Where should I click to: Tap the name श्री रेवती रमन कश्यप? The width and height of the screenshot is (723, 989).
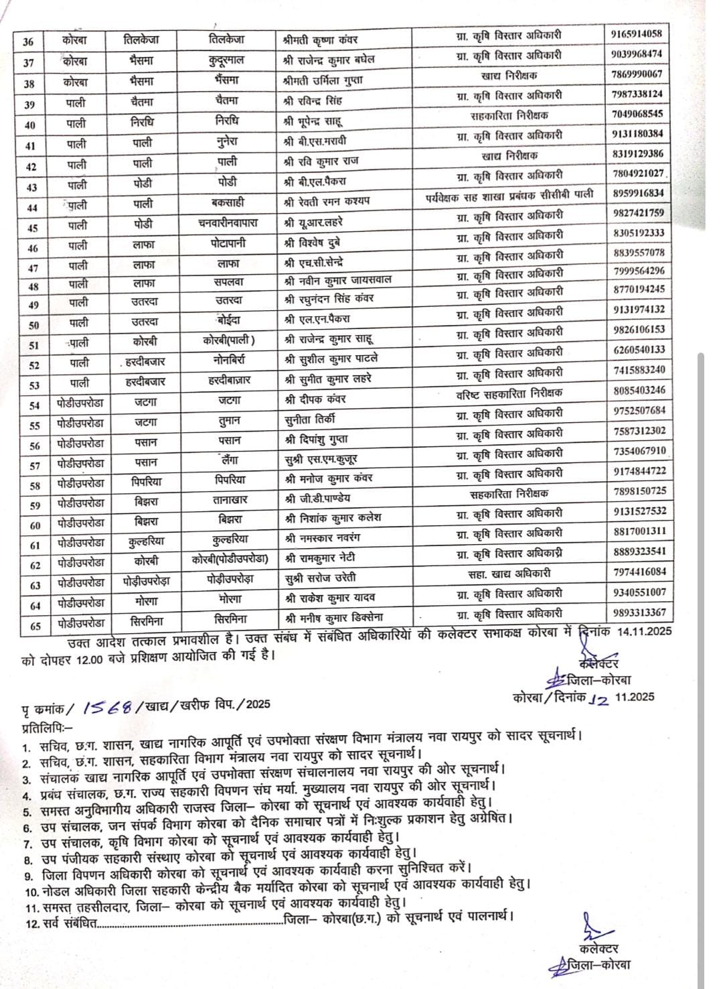point(326,201)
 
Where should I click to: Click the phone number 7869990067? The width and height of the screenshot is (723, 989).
point(637,74)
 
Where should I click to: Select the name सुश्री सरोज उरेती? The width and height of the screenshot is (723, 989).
point(320,577)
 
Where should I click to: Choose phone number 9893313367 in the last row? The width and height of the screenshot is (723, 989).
point(638,612)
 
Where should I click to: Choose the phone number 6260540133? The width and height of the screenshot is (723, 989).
point(638,349)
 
